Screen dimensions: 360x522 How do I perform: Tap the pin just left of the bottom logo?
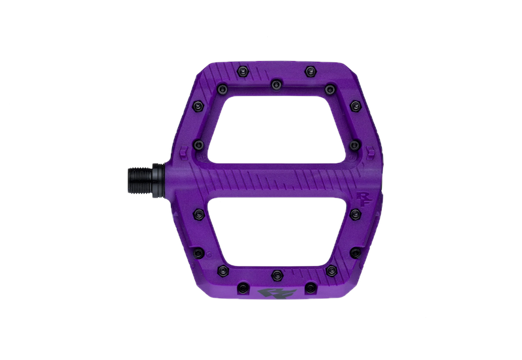pos(243,286)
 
